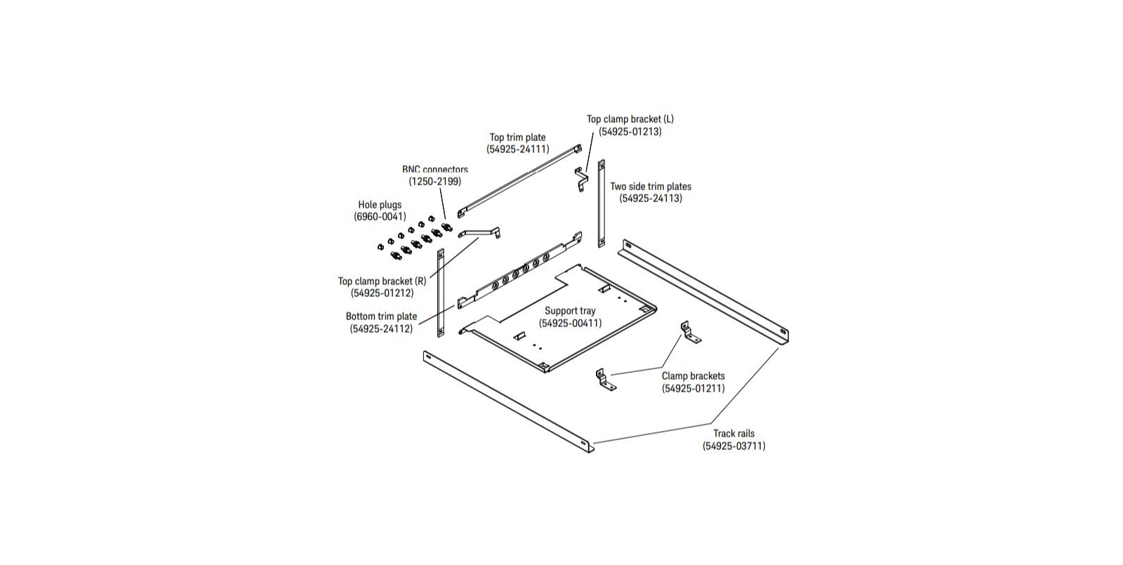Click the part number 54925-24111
point(518,149)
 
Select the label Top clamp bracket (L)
point(630,119)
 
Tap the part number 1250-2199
point(434,182)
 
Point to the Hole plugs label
point(380,204)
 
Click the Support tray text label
point(570,311)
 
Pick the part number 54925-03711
point(734,446)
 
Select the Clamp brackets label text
point(693,376)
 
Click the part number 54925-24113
point(651,199)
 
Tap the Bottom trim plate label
point(382,317)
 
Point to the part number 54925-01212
point(382,293)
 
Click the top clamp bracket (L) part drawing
point(581,179)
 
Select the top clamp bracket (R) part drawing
point(479,232)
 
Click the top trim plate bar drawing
point(519,181)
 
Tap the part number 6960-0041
point(380,217)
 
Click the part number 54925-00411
point(570,324)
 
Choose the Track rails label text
point(734,434)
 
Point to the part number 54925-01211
point(693,389)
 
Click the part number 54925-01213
point(630,132)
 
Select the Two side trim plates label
point(651,187)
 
